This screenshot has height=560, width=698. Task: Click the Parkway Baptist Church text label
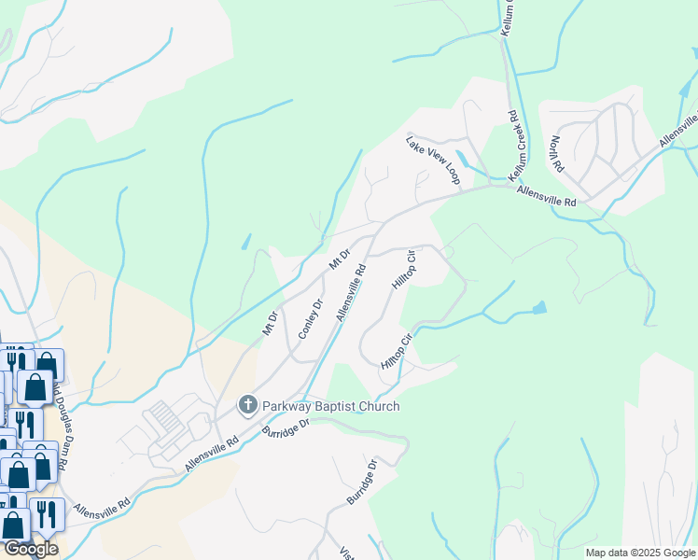pyautogui.click(x=330, y=406)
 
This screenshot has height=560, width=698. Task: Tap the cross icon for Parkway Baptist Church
pyautogui.click(x=247, y=405)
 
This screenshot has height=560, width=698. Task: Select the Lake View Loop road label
pyautogui.click(x=433, y=160)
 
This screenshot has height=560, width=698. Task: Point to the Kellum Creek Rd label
pyautogui.click(x=512, y=147)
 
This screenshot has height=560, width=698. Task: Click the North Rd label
pyautogui.click(x=557, y=154)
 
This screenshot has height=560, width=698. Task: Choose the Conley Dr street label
pyautogui.click(x=310, y=319)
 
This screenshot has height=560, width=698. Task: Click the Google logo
pyautogui.click(x=30, y=549)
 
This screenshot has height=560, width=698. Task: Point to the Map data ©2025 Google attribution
pyautogui.click(x=640, y=553)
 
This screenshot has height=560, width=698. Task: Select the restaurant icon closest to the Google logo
pyautogui.click(x=42, y=514)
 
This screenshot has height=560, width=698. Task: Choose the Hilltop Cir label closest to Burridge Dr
pyautogui.click(x=396, y=352)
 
